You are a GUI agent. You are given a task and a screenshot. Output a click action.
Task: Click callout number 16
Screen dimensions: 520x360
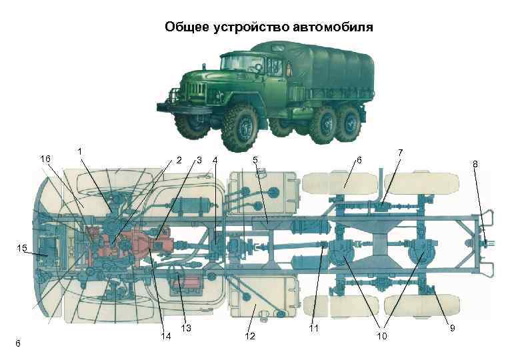click(45, 159)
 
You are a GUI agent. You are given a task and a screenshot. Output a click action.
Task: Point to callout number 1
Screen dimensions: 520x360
click(80, 151)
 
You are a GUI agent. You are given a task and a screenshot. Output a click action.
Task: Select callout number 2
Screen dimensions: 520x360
click(178, 160)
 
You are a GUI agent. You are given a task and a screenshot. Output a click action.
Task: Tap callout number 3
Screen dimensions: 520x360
click(199, 160)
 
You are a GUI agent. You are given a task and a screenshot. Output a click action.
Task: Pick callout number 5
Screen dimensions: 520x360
click(255, 160)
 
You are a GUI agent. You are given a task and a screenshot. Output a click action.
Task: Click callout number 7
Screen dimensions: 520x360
click(400, 152)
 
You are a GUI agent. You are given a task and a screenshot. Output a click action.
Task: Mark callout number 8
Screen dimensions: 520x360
click(475, 163)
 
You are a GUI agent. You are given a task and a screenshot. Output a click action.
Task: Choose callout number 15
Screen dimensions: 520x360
click(22, 249)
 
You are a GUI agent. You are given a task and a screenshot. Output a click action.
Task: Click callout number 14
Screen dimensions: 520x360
click(166, 336)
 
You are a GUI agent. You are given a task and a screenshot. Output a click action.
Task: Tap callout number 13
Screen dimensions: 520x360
click(186, 328)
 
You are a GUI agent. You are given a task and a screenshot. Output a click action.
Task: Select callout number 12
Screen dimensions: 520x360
click(250, 336)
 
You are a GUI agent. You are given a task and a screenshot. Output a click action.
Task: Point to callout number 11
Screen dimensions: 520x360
click(314, 329)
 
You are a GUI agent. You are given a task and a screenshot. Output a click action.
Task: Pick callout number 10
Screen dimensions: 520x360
click(381, 336)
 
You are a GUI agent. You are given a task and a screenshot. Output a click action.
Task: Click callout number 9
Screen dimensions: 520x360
click(451, 328)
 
